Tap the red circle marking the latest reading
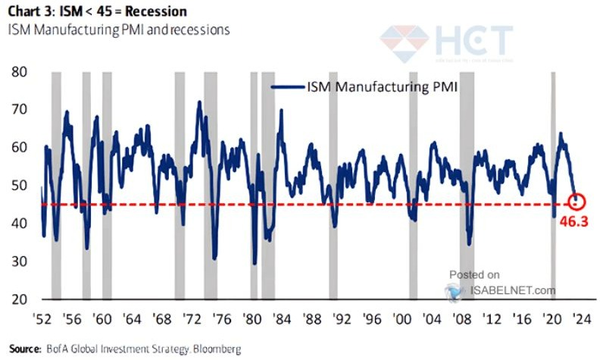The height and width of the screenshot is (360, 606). tap(577, 202)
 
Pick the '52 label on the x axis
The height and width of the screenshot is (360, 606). tap(42, 318)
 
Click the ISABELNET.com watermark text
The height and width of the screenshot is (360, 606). tap(511, 290)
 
